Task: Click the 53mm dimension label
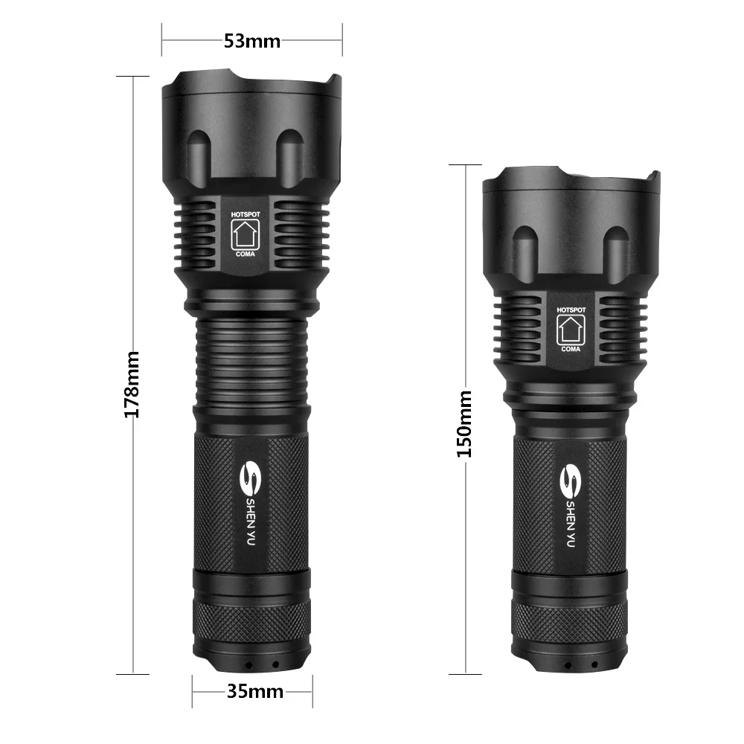(252, 41)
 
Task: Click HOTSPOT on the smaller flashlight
(571, 310)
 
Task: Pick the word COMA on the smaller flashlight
(571, 348)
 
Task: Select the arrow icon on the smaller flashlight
(571, 329)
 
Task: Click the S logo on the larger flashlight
(251, 478)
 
